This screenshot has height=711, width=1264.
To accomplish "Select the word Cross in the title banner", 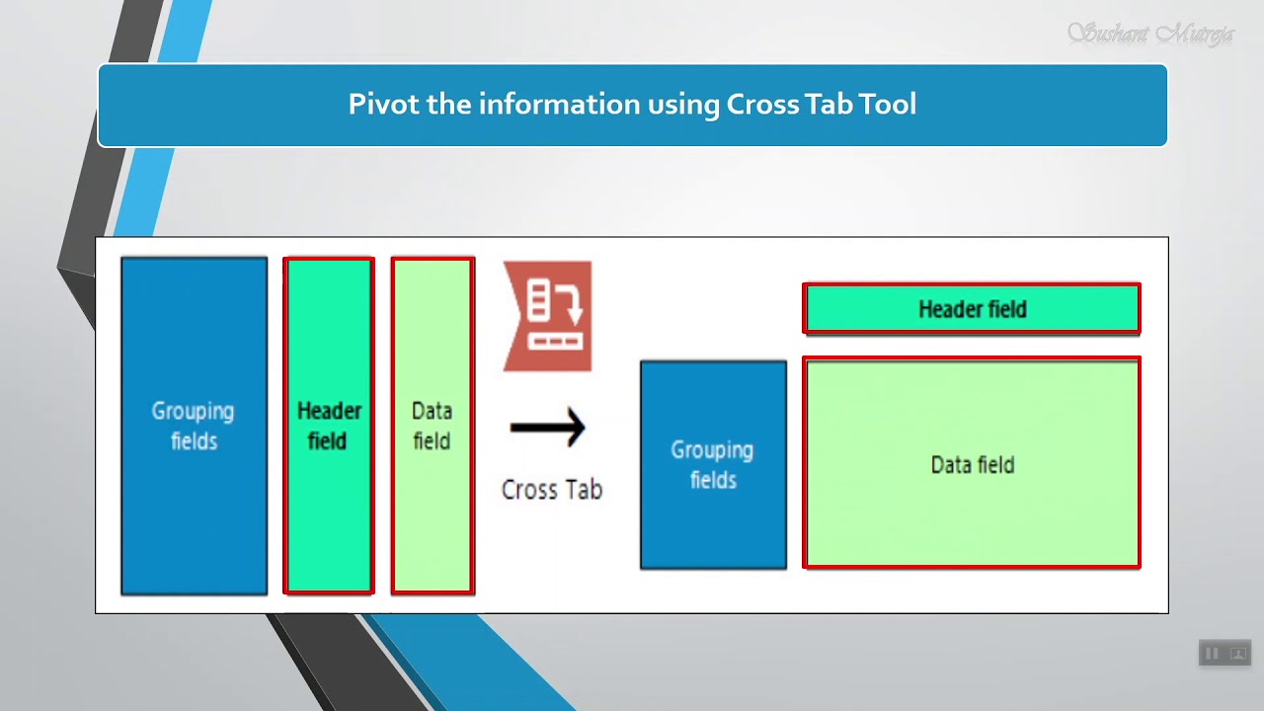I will click(759, 105).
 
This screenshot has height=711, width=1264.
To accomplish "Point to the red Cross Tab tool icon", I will click(547, 316).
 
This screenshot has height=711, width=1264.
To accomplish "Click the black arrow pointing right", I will click(548, 428).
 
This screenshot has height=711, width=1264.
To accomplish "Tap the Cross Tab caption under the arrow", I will click(551, 490).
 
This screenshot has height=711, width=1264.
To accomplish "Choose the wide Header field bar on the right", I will click(972, 309).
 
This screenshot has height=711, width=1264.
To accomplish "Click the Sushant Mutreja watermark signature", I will click(1150, 35).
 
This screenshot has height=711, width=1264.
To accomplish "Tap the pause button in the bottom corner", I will click(1212, 653).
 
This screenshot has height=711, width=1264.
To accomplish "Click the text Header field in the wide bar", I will click(972, 309).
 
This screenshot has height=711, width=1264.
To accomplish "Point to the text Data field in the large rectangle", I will click(972, 464).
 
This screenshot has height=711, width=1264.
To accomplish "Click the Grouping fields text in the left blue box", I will click(194, 426).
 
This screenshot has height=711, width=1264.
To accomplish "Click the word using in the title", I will click(682, 105).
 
